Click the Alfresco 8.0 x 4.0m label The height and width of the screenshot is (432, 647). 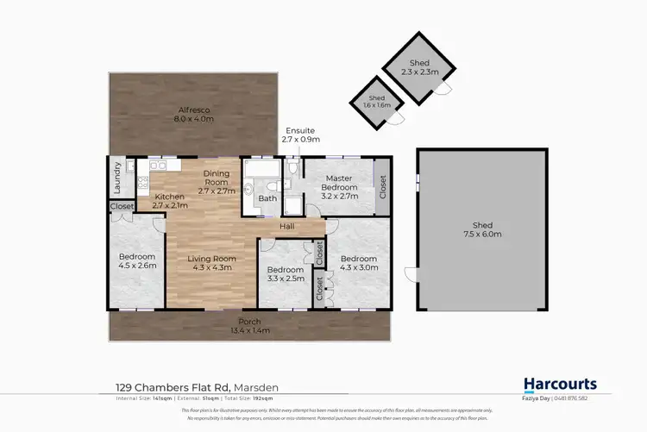[194, 115]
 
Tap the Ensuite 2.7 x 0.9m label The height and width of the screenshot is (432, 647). [300, 135]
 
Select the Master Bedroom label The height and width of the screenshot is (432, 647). [339, 181]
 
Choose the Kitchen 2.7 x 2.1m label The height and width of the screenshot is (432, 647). [170, 201]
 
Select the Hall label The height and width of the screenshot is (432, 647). [287, 227]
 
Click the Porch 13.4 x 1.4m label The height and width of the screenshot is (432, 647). [250, 326]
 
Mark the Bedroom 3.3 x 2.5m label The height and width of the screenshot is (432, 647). [284, 275]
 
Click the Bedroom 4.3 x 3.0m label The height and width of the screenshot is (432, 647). [358, 263]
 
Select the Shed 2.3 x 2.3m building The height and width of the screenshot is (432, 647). [418, 68]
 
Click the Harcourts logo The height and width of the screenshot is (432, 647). [560, 385]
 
